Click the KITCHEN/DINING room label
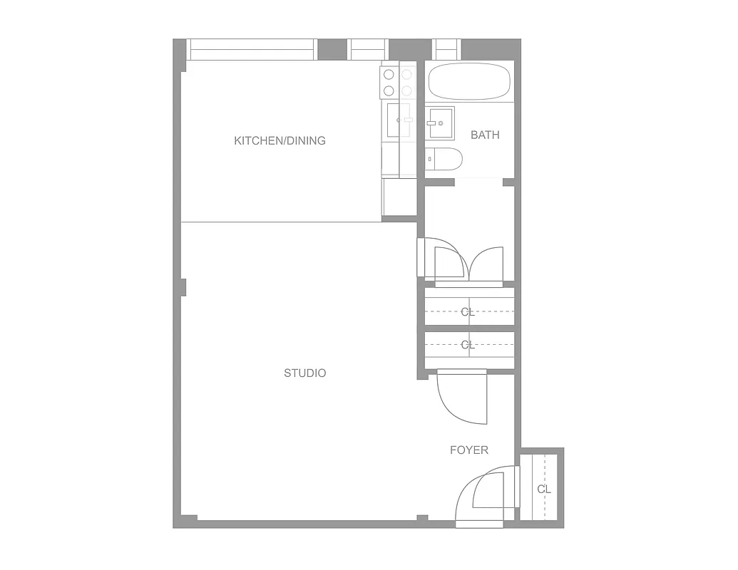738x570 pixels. (x=280, y=141)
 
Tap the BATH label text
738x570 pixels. (x=485, y=135)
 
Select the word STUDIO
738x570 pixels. (x=304, y=373)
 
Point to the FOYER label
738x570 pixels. (x=468, y=450)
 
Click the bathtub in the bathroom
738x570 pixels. (x=469, y=81)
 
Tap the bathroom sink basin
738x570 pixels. (x=440, y=123)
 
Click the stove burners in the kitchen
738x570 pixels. (x=397, y=82)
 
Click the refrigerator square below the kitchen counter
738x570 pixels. (x=399, y=197)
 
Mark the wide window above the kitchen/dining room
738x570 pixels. (x=250, y=49)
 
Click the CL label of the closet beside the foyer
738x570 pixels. (x=544, y=489)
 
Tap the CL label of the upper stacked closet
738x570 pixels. (x=468, y=311)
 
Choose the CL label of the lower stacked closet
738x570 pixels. (x=468, y=345)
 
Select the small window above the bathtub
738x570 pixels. (x=447, y=49)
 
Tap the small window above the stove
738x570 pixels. (x=369, y=49)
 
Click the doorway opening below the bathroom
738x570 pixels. (x=478, y=182)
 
